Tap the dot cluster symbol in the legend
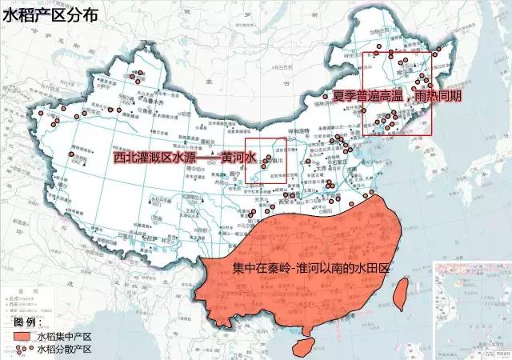21,349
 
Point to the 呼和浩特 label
298,134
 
